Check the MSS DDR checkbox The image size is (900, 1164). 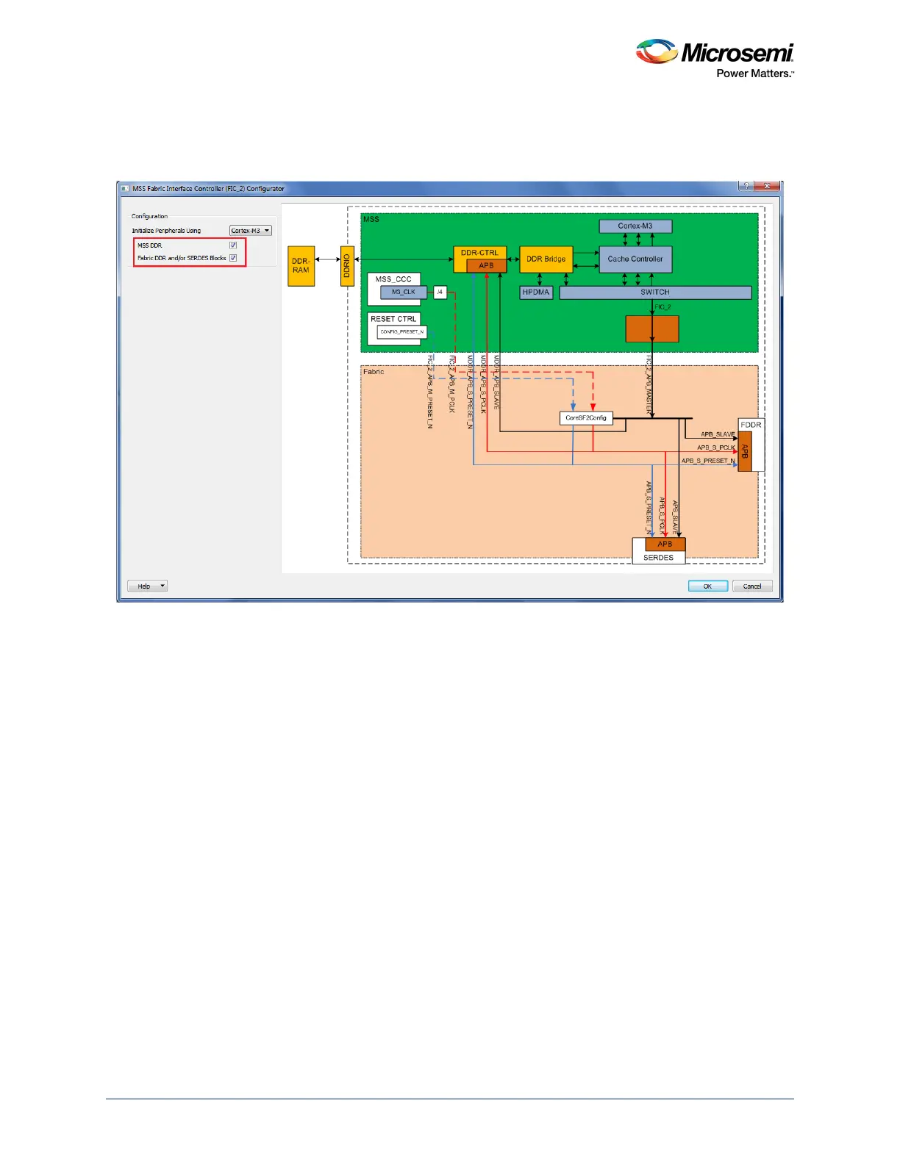[233, 245]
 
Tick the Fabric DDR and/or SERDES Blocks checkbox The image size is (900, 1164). [233, 258]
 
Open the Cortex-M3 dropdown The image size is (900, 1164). [250, 231]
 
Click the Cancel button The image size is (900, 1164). [751, 586]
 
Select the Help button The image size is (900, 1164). [148, 586]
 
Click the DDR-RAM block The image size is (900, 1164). [301, 266]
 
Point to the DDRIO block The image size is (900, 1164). [347, 266]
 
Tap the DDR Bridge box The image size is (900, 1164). [546, 259]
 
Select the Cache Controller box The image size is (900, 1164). [635, 259]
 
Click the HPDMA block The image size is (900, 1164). [536, 292]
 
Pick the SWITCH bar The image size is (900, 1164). [654, 292]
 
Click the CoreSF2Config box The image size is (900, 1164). [586, 418]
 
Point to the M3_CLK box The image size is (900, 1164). [403, 292]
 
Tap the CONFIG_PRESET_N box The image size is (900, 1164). [401, 332]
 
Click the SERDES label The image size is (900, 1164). [658, 558]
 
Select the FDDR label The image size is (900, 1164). [751, 425]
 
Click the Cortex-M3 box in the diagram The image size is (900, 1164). [635, 226]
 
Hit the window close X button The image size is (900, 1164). [767, 187]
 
